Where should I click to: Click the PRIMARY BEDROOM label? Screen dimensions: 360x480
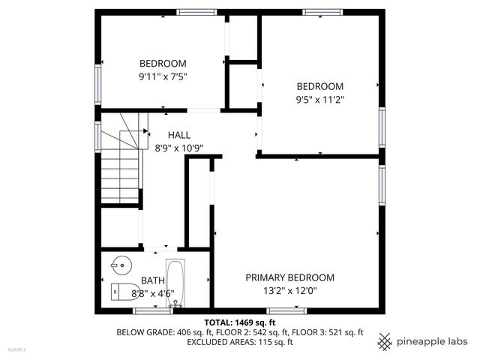pyautogui.click(x=289, y=277)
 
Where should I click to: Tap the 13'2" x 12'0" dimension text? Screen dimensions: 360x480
pyautogui.click(x=289, y=290)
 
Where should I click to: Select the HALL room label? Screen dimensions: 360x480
pyautogui.click(x=178, y=135)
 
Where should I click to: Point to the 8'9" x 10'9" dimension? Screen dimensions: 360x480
pyautogui.click(x=178, y=148)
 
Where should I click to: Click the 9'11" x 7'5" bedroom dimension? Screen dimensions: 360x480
pyautogui.click(x=163, y=76)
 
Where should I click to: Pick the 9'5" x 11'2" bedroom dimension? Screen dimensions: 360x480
pyautogui.click(x=319, y=99)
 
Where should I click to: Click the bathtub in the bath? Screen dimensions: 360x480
pyautogui.click(x=175, y=283)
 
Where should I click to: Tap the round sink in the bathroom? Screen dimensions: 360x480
pyautogui.click(x=118, y=264)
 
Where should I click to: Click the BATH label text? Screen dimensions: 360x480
pyautogui.click(x=153, y=280)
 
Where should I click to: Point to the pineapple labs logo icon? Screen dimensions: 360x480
pyautogui.click(x=385, y=341)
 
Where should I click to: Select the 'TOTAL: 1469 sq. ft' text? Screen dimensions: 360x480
pyautogui.click(x=239, y=321)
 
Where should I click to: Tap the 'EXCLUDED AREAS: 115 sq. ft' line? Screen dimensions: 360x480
pyautogui.click(x=239, y=342)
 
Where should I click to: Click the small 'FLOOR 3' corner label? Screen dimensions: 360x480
pyautogui.click(x=16, y=349)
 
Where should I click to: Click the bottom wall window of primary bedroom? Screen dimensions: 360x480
pyautogui.click(x=286, y=310)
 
